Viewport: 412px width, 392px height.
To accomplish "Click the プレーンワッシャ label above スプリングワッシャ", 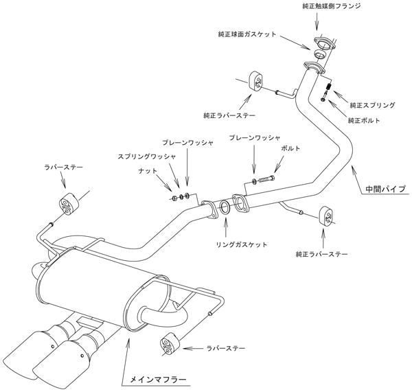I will tap(187, 141).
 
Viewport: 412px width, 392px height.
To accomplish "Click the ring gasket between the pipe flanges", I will tap(225, 208).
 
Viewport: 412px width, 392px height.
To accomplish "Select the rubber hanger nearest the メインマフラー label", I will tap(169, 345).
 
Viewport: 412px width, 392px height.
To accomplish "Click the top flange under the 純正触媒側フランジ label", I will tap(319, 40).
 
